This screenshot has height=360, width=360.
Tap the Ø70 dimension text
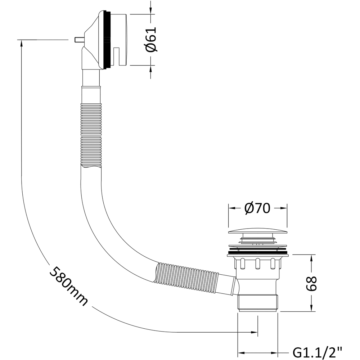click(x=257, y=208)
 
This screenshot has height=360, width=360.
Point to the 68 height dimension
click(x=311, y=284)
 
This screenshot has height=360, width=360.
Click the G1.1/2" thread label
click(x=317, y=352)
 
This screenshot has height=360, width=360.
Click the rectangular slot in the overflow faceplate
click(x=117, y=56)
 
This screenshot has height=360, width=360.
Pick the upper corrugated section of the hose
click(x=91, y=135)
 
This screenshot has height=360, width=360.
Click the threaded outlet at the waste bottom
click(x=258, y=303)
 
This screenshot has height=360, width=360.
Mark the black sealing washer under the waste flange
click(x=258, y=255)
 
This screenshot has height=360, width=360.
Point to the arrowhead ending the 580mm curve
click(x=255, y=332)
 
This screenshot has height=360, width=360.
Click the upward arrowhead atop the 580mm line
click(x=21, y=43)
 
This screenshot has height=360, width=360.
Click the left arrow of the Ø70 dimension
click(x=233, y=208)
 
